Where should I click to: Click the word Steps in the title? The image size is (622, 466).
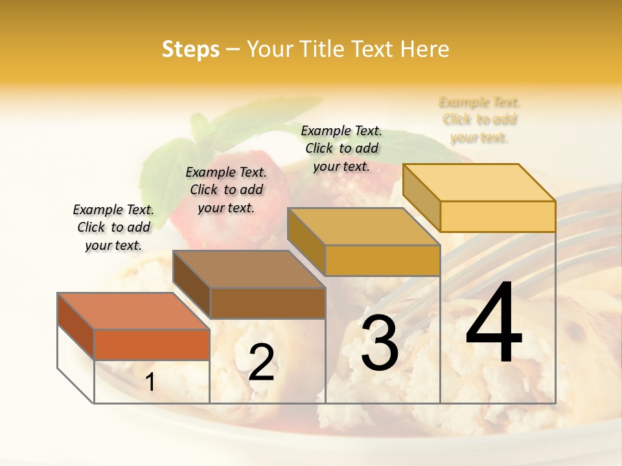190,49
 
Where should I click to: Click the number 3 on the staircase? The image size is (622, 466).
380,343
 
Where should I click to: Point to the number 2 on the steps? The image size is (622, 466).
261,362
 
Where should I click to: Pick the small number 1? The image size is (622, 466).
150,382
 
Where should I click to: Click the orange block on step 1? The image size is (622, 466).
152,344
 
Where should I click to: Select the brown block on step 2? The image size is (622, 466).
267,303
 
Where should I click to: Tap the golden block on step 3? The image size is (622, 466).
382,260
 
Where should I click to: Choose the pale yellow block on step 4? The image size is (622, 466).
497,216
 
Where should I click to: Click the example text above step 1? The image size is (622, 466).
113,227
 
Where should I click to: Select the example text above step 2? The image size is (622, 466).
226,190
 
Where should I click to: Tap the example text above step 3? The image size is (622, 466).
341,148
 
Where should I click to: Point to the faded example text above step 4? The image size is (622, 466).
479,120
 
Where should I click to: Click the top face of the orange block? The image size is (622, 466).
133,311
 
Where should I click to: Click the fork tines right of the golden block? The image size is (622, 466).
492,259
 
